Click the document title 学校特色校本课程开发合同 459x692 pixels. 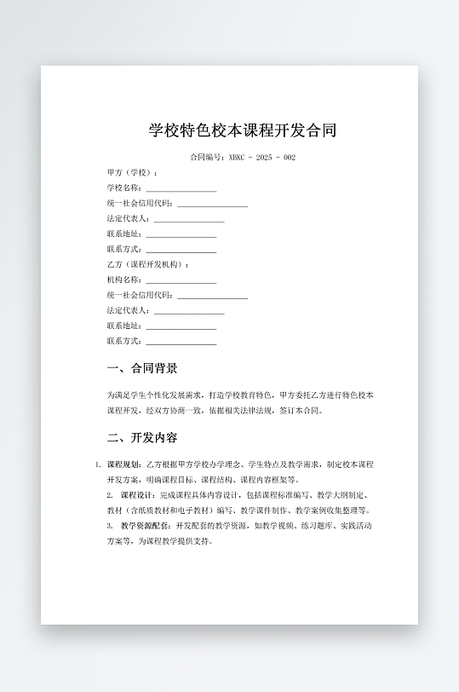point(243,130)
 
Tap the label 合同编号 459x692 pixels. point(208,158)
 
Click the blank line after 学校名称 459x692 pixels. point(181,188)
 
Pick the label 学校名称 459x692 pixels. point(124,188)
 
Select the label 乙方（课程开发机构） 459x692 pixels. point(146,265)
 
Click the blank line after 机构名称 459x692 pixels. point(181,280)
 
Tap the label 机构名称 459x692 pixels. point(124,280)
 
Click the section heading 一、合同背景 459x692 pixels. point(142,369)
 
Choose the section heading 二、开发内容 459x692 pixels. point(142,438)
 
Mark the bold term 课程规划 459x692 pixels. point(124,465)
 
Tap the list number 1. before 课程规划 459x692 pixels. point(98,465)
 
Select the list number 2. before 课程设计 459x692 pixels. point(110,495)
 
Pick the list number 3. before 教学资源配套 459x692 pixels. point(110,526)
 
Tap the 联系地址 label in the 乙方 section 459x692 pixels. point(124,326)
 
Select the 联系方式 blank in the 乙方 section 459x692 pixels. point(181,342)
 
